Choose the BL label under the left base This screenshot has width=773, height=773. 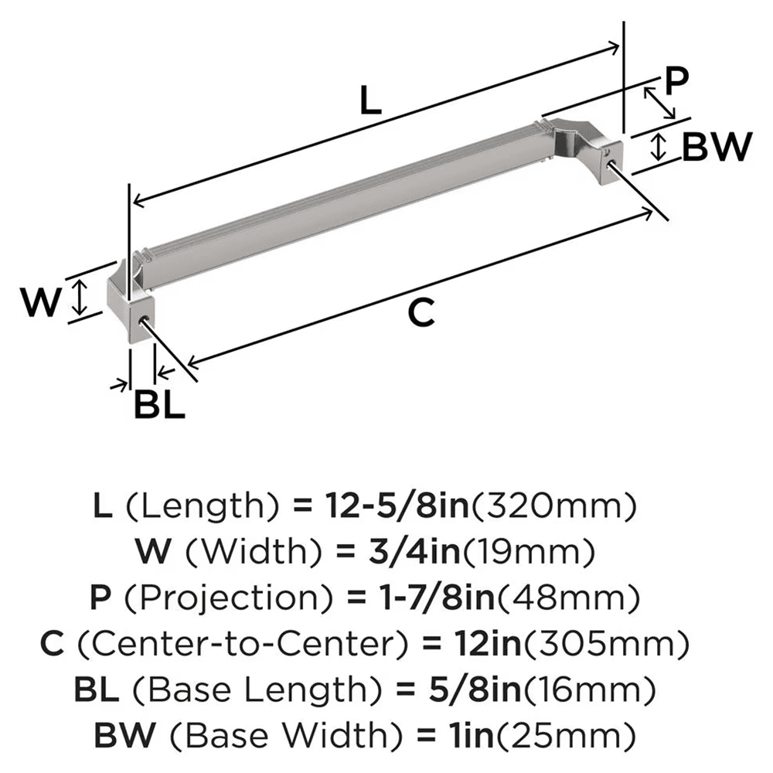159,404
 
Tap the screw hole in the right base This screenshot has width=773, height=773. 614,155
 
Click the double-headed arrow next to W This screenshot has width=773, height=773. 77,300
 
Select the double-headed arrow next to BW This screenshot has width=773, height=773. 658,146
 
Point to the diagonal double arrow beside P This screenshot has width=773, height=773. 659,103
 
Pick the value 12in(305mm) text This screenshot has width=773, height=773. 557,643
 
